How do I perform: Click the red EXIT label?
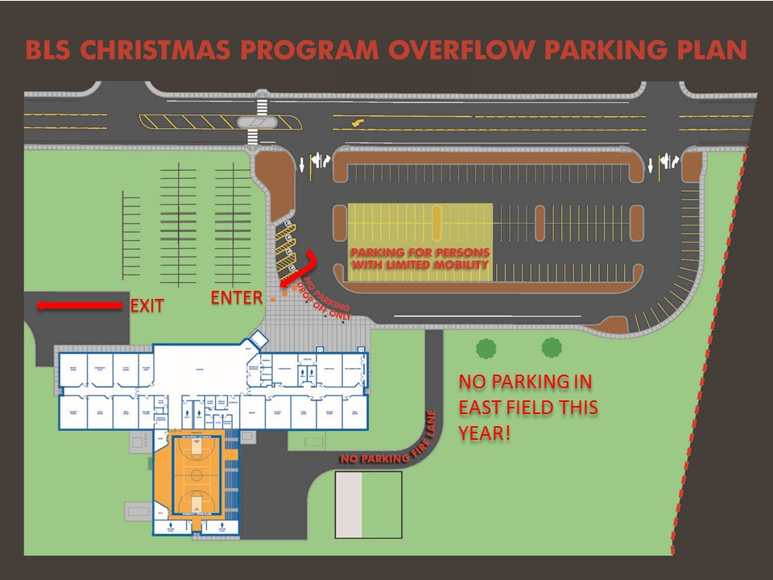coord(147,306)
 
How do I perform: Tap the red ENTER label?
coord(237,297)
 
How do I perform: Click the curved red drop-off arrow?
coord(299,270)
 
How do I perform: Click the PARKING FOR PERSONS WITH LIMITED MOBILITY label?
coord(420,258)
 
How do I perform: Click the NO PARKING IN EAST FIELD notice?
coord(527,407)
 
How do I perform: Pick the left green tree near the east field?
coord(485,348)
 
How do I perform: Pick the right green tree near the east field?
coord(552,347)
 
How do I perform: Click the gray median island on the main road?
coord(258,122)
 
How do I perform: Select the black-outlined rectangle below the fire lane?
coord(368,505)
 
